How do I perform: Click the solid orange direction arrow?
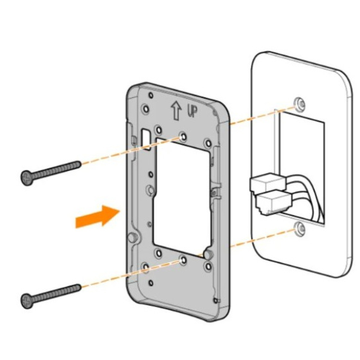pos(98,216)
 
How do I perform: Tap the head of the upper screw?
pos(28,177)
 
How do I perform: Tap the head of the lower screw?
pos(28,301)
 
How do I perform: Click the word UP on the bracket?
pos(192,112)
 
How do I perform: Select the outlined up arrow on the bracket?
pos(176,111)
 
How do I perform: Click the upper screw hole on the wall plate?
pos(300,103)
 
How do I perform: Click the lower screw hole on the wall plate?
pos(300,228)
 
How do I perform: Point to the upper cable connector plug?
pos(267,183)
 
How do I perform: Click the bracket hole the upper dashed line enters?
pos(183,137)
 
